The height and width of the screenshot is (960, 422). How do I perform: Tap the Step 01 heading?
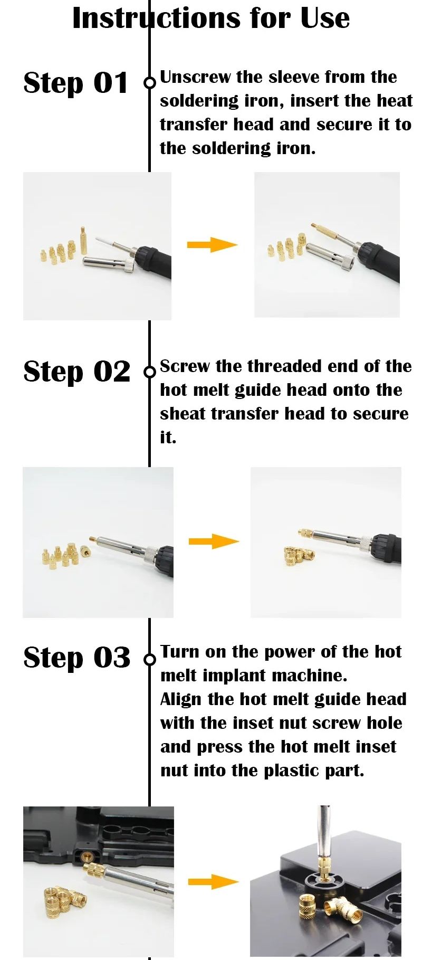click(76, 83)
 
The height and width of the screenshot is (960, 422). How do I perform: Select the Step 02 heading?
click(76, 372)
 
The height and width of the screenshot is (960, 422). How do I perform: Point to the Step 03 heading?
click(76, 658)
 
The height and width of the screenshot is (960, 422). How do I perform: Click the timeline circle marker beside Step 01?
click(150, 82)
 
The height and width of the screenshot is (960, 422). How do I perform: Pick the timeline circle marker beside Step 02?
click(150, 372)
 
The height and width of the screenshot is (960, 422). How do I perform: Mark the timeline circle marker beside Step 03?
click(150, 659)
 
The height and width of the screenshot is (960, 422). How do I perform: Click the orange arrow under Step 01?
click(212, 244)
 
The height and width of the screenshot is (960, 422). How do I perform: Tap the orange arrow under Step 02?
click(214, 541)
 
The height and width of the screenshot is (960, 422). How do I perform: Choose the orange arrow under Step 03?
click(213, 881)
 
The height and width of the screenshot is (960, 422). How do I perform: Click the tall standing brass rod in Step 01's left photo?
click(83, 241)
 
